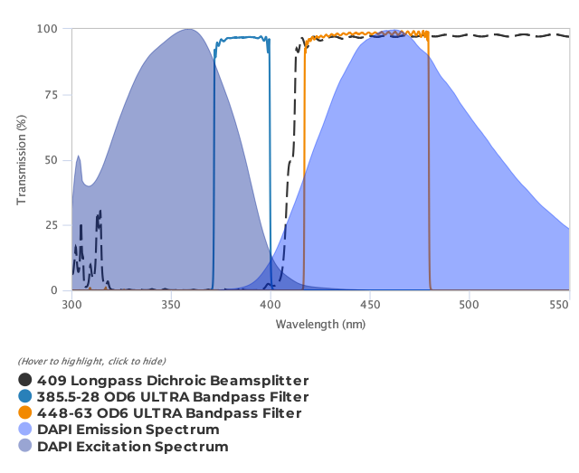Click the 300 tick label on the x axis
coord(71,305)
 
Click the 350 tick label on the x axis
coord(171,305)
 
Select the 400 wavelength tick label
coord(271,305)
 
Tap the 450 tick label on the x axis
coord(369,305)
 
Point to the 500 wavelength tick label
coord(469,305)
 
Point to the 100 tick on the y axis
coord(50,29)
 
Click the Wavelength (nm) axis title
coord(320,324)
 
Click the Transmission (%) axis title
coord(22,159)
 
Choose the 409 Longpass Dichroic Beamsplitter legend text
coord(173,381)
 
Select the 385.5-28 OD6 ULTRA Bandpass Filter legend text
coord(173,397)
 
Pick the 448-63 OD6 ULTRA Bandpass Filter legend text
coord(169,413)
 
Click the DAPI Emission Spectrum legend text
coord(128,430)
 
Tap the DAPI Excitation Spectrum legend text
coord(133,446)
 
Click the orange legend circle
coord(25,413)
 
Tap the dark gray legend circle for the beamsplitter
coord(25,381)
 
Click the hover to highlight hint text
coord(91,362)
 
